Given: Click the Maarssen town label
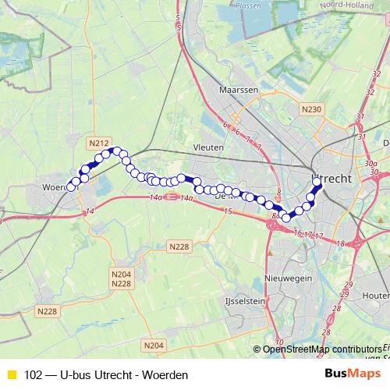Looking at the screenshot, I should coord(239,90).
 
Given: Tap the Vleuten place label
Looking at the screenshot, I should coord(208,146).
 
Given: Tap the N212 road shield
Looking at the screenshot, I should coord(98,143).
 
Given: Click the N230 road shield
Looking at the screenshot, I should coord(312,108).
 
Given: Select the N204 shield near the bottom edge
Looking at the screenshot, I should coord(154,345).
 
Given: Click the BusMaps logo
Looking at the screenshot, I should coord(353,374).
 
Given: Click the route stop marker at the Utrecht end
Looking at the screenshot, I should coord(317,183).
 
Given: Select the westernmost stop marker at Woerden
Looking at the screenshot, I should coord(71,187).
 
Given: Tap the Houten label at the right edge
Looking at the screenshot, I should coord(376,296).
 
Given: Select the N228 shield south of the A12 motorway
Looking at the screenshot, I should coord(179,246).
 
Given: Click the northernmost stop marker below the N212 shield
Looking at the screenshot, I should coord(115,151).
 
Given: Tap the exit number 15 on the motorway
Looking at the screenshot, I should coord(229,211).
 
